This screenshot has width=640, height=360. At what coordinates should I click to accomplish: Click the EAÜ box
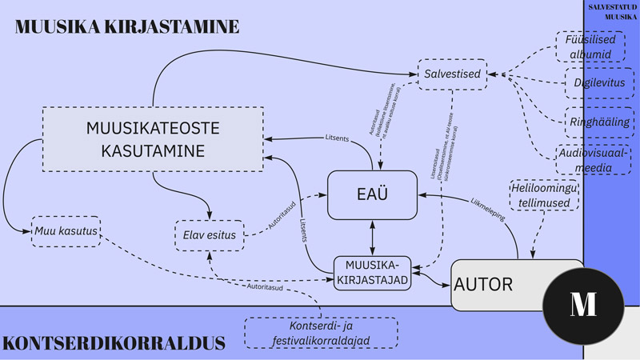pos(372,194)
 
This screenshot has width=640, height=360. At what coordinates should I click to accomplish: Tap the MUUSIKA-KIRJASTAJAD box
pos(372,272)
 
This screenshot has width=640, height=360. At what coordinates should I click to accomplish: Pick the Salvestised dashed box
pos(454,75)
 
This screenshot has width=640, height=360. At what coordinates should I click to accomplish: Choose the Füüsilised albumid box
pos(588,46)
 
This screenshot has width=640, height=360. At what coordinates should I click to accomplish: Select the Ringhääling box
pos(588,122)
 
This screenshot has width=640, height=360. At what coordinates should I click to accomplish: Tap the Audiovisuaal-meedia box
pos(588,159)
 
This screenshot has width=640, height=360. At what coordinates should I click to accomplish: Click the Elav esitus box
pos(207,235)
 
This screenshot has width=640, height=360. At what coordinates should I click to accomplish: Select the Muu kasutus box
pos(66,231)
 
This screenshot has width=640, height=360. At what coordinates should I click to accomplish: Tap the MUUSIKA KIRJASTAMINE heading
pos(126,26)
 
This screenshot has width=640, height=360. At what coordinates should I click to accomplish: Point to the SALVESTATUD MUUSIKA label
pos(612,10)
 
